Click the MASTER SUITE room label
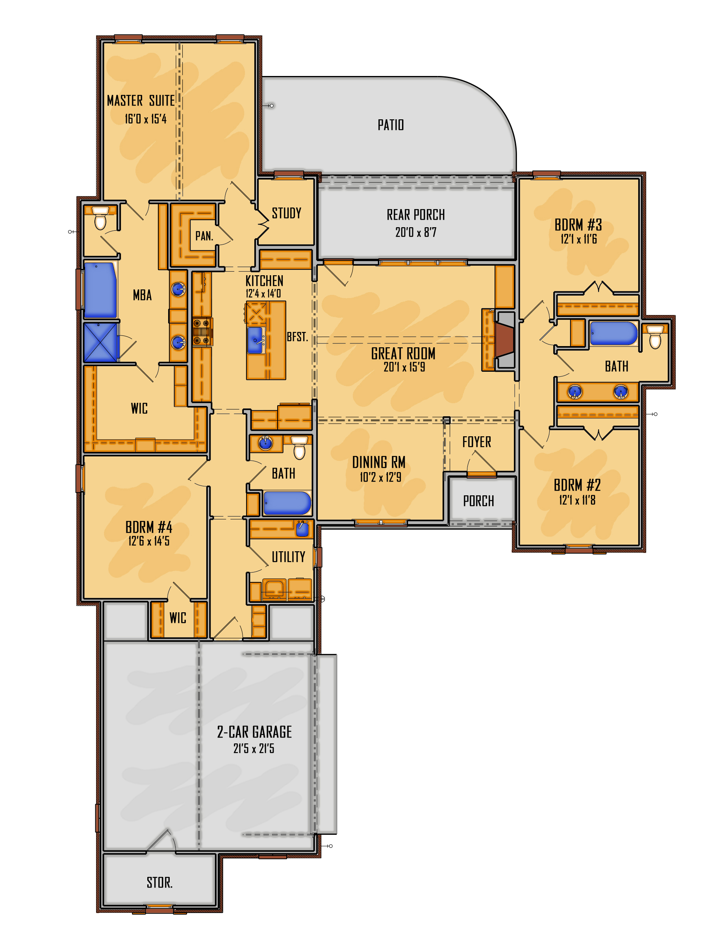[141, 100]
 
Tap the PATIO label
[390, 125]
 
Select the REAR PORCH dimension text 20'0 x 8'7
[415, 232]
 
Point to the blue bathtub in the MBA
[100, 290]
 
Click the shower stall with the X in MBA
[101, 343]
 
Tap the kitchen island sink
[255, 340]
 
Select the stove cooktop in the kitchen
[202, 332]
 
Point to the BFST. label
[297, 337]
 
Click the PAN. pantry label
[204, 236]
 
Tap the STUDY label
[286, 213]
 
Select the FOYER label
[476, 442]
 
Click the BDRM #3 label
[578, 225]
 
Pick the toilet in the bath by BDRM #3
[655, 337]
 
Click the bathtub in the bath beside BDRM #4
[287, 503]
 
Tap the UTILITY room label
[288, 557]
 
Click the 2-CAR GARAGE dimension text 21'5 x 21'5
[254, 749]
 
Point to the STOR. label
[159, 882]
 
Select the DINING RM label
[378, 462]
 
